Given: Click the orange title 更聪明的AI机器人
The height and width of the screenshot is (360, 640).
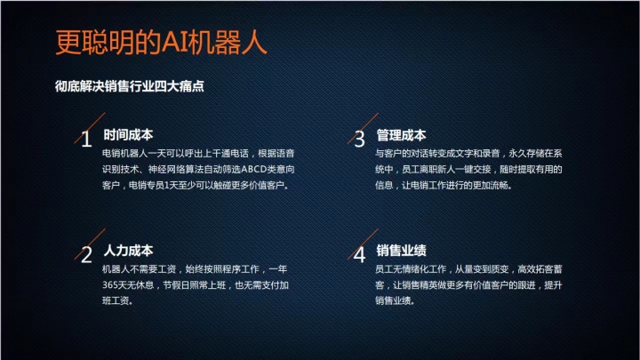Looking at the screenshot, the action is click(x=161, y=42).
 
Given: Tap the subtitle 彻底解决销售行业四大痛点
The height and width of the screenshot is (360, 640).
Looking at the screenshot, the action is click(x=130, y=86).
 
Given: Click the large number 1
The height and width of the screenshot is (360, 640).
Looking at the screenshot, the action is click(x=86, y=140).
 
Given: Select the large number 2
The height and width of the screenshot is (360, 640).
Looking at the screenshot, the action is click(x=86, y=255).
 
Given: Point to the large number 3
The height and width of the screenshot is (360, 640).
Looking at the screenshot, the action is click(x=360, y=140).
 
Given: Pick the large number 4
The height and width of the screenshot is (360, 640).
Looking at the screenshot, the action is click(x=359, y=255).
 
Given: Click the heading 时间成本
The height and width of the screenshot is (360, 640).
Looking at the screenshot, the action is click(x=128, y=135).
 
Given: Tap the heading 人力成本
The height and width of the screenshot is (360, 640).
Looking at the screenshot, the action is click(x=128, y=250).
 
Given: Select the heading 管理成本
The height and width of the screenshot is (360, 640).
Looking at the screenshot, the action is click(x=401, y=135).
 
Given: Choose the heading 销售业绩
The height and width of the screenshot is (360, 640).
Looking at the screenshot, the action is click(x=401, y=250).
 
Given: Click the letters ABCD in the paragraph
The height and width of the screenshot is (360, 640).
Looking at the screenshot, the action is click(x=254, y=169).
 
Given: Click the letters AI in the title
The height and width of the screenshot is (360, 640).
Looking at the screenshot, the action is click(x=175, y=42).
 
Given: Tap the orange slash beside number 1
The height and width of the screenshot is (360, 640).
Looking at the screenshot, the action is click(x=90, y=128).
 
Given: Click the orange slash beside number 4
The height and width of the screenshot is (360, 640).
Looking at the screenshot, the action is click(x=363, y=244).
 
